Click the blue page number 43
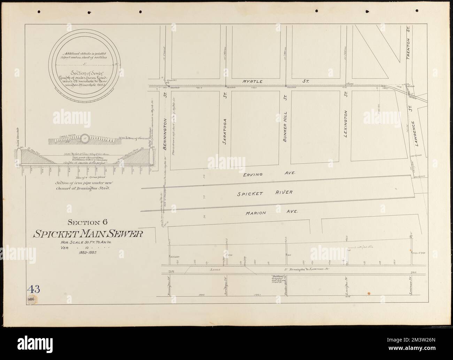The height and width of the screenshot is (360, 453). click(x=34, y=289)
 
